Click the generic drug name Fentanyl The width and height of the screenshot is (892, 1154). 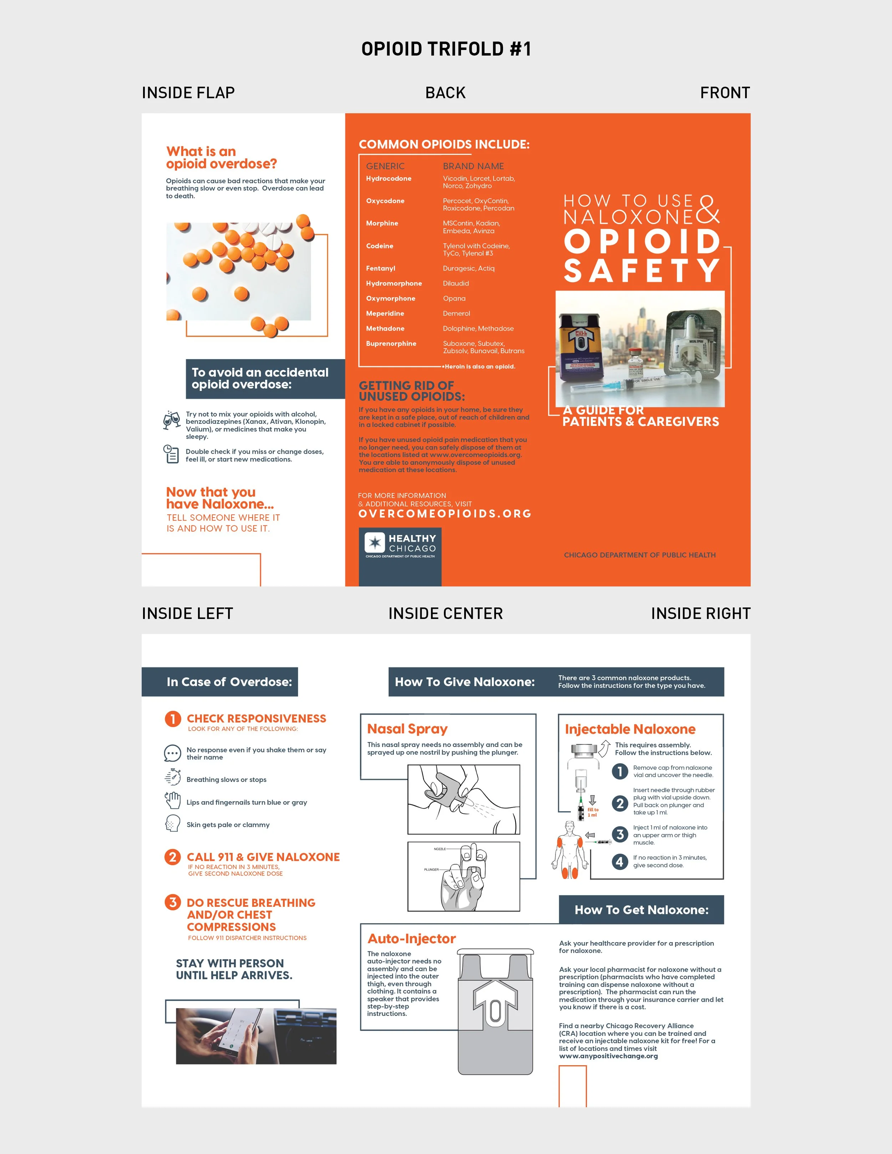[380, 268]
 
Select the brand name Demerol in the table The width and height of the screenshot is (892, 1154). [456, 313]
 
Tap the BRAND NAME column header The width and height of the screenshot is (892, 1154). [473, 166]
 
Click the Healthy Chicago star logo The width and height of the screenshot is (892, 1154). [376, 542]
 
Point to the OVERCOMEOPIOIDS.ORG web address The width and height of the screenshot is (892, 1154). [445, 514]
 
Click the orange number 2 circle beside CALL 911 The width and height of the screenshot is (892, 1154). [173, 856]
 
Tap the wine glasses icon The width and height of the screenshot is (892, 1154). [172, 420]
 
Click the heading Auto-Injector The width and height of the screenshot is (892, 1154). [412, 939]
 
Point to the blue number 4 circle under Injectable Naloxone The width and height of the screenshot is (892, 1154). [619, 862]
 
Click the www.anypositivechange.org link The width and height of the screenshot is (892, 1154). [608, 1056]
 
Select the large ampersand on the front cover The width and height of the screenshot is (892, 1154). [708, 210]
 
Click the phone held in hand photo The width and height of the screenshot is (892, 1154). [256, 1036]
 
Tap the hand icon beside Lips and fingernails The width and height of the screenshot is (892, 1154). [173, 801]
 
